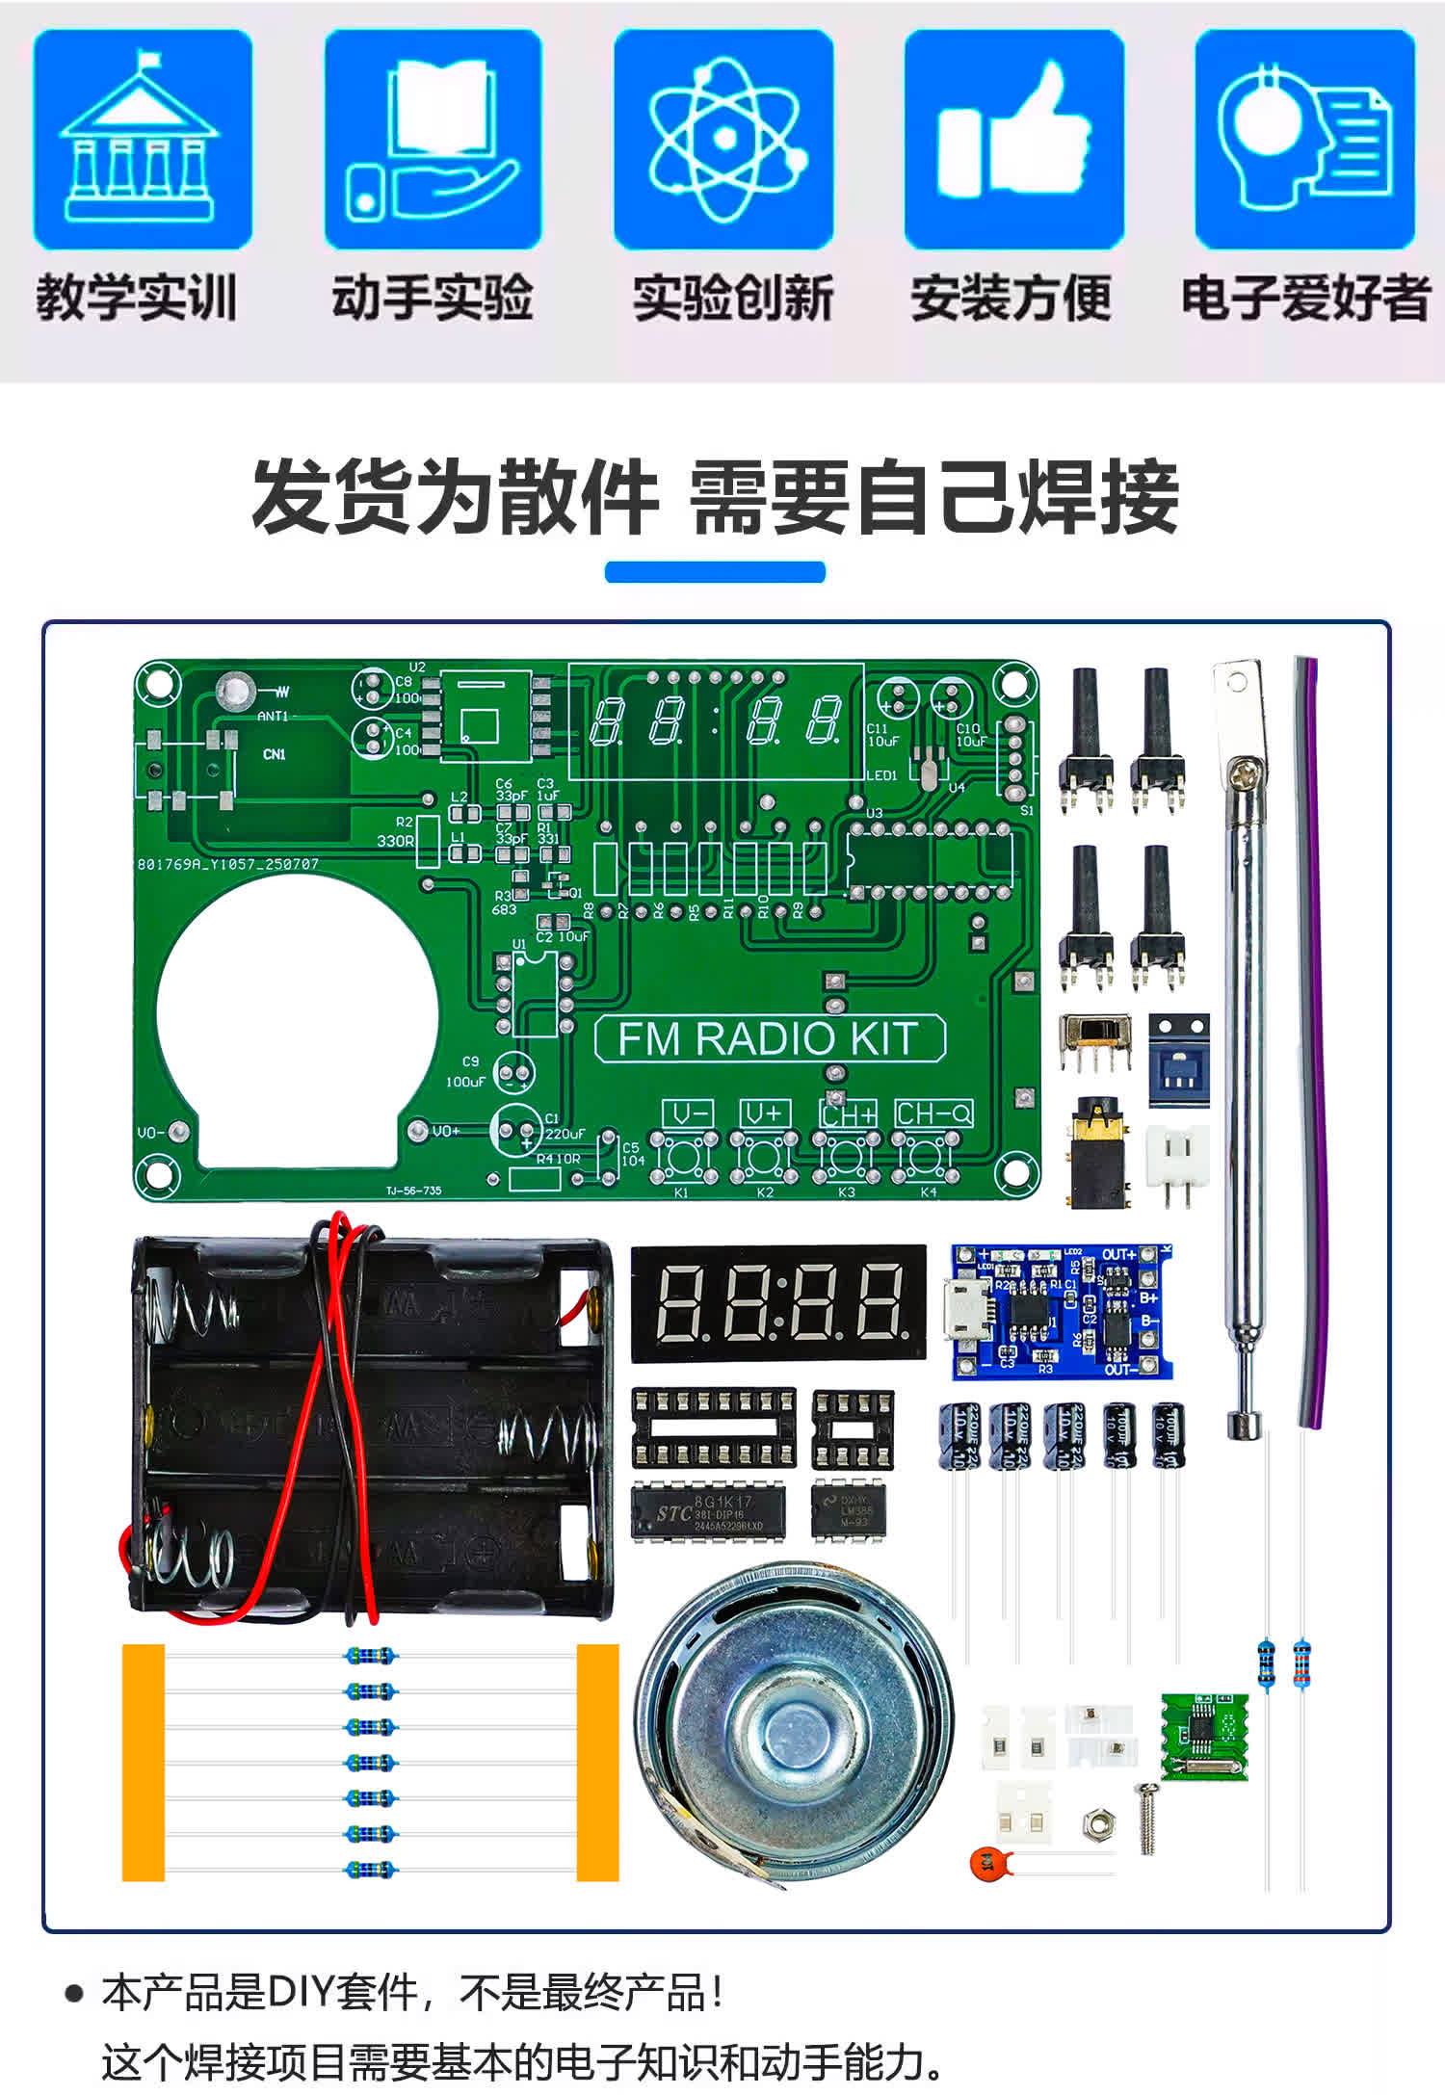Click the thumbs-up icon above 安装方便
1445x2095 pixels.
[x=1013, y=139]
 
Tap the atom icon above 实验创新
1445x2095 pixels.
[x=724, y=139]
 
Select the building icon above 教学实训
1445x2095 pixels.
[x=142, y=139]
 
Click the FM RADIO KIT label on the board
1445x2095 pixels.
[x=770, y=1038]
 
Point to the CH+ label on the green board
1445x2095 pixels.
[x=849, y=1114]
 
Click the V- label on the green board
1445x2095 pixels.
[x=688, y=1114]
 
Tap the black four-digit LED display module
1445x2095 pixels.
[x=777, y=1303]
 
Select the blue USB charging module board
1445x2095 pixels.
[x=1063, y=1311]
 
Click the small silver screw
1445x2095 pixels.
[x=1146, y=1818]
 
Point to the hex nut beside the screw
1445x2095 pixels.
[x=1099, y=1822]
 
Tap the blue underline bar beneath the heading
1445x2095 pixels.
[x=715, y=572]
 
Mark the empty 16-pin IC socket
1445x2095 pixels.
[x=714, y=1427]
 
